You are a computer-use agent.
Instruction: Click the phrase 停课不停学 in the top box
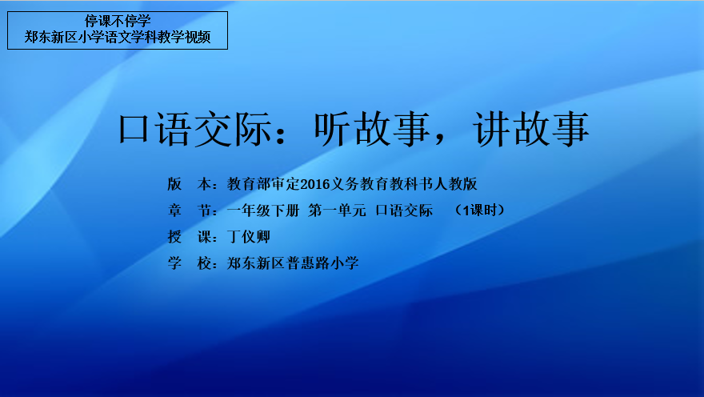(x=118, y=21)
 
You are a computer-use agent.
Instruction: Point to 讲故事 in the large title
(x=530, y=130)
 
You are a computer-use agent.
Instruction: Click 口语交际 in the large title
(x=195, y=130)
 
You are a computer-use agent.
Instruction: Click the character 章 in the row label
(x=174, y=211)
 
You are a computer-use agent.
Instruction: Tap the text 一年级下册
(x=263, y=211)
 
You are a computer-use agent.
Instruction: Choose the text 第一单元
(x=337, y=211)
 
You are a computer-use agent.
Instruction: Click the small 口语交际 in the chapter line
(x=404, y=211)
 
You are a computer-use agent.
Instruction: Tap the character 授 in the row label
(x=174, y=237)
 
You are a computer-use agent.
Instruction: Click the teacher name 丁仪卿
(x=249, y=237)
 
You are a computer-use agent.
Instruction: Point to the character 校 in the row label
(x=204, y=263)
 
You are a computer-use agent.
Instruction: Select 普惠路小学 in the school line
(x=322, y=263)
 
